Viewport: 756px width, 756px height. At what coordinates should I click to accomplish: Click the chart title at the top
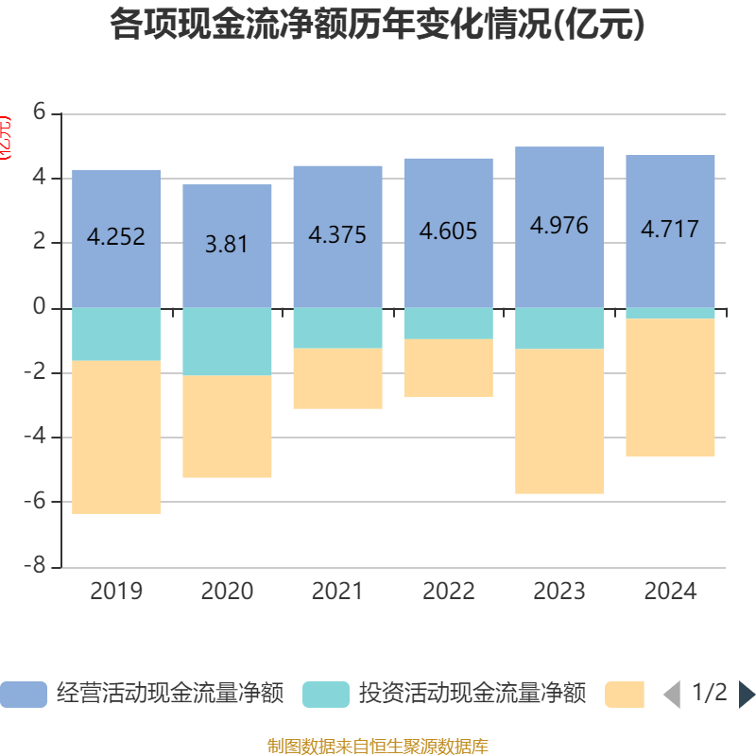[x=377, y=25]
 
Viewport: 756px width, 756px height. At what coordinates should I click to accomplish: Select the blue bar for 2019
[x=116, y=203]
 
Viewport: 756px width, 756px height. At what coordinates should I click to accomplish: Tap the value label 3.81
[x=227, y=244]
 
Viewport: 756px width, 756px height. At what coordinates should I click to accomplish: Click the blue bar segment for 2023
[x=559, y=189]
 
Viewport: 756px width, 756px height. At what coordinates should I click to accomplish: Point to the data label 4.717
[x=670, y=229]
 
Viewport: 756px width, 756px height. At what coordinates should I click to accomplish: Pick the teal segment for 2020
[x=227, y=341]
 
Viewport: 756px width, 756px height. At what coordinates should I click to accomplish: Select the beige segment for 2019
[x=116, y=438]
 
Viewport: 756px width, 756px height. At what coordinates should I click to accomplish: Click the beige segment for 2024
[x=670, y=387]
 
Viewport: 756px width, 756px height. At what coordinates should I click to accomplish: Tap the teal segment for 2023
[x=559, y=328]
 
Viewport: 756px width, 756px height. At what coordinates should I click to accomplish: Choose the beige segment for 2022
[x=449, y=369]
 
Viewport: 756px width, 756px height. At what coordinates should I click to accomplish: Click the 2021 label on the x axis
[x=337, y=592]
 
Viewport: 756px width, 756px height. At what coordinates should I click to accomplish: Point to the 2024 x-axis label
[x=670, y=592]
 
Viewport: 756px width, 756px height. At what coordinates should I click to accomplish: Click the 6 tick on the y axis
[x=39, y=112]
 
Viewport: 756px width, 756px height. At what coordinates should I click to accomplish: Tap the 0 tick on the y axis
[x=39, y=307]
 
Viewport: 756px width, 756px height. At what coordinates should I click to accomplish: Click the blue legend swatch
[x=24, y=695]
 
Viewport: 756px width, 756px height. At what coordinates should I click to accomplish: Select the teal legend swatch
[x=326, y=695]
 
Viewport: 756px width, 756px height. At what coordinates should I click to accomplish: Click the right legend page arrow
[x=747, y=695]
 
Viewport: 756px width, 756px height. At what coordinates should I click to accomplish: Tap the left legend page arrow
[x=671, y=695]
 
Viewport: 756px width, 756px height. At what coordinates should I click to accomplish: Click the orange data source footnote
[x=377, y=747]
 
